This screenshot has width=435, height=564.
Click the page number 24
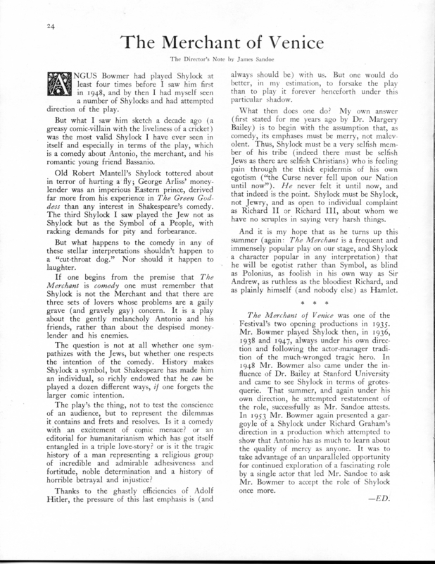pos(31,29)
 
